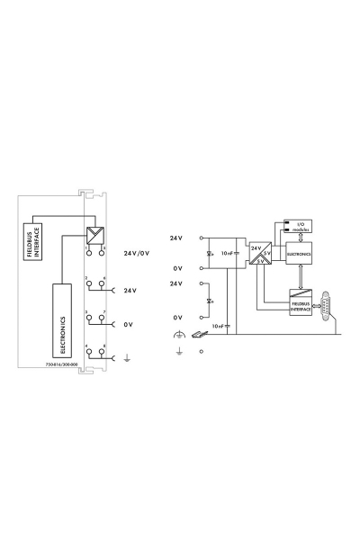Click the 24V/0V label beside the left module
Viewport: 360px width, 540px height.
[x=137, y=253]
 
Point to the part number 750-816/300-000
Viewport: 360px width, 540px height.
[x=61, y=364]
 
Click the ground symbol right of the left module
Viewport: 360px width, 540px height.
[x=128, y=359]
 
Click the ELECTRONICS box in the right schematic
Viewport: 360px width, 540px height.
[x=298, y=255]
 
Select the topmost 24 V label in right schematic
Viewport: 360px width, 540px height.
[x=176, y=238]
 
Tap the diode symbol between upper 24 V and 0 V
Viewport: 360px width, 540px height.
[x=210, y=255]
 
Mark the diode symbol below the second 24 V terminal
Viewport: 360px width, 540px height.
[x=210, y=301]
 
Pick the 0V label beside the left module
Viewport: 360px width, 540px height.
[x=130, y=324]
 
